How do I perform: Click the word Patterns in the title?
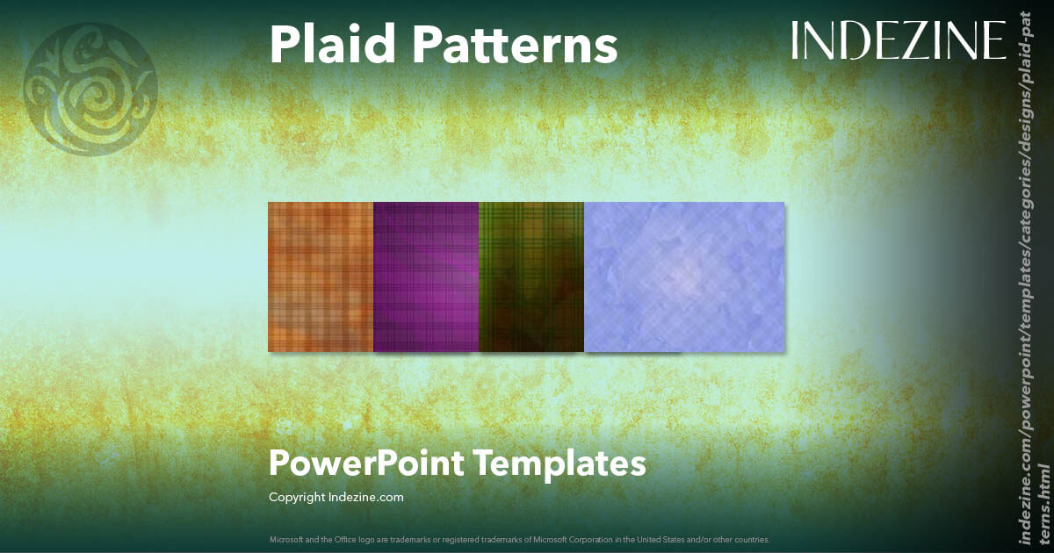click(x=512, y=44)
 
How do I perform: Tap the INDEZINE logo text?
click(x=898, y=40)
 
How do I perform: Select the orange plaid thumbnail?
click(x=321, y=276)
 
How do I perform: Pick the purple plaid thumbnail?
click(x=426, y=276)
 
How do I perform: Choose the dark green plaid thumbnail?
click(x=531, y=276)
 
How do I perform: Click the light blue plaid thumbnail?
click(x=684, y=276)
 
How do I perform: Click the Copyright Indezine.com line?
click(x=336, y=497)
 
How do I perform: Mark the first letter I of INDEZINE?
click(x=795, y=40)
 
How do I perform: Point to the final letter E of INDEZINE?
click(x=994, y=40)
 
